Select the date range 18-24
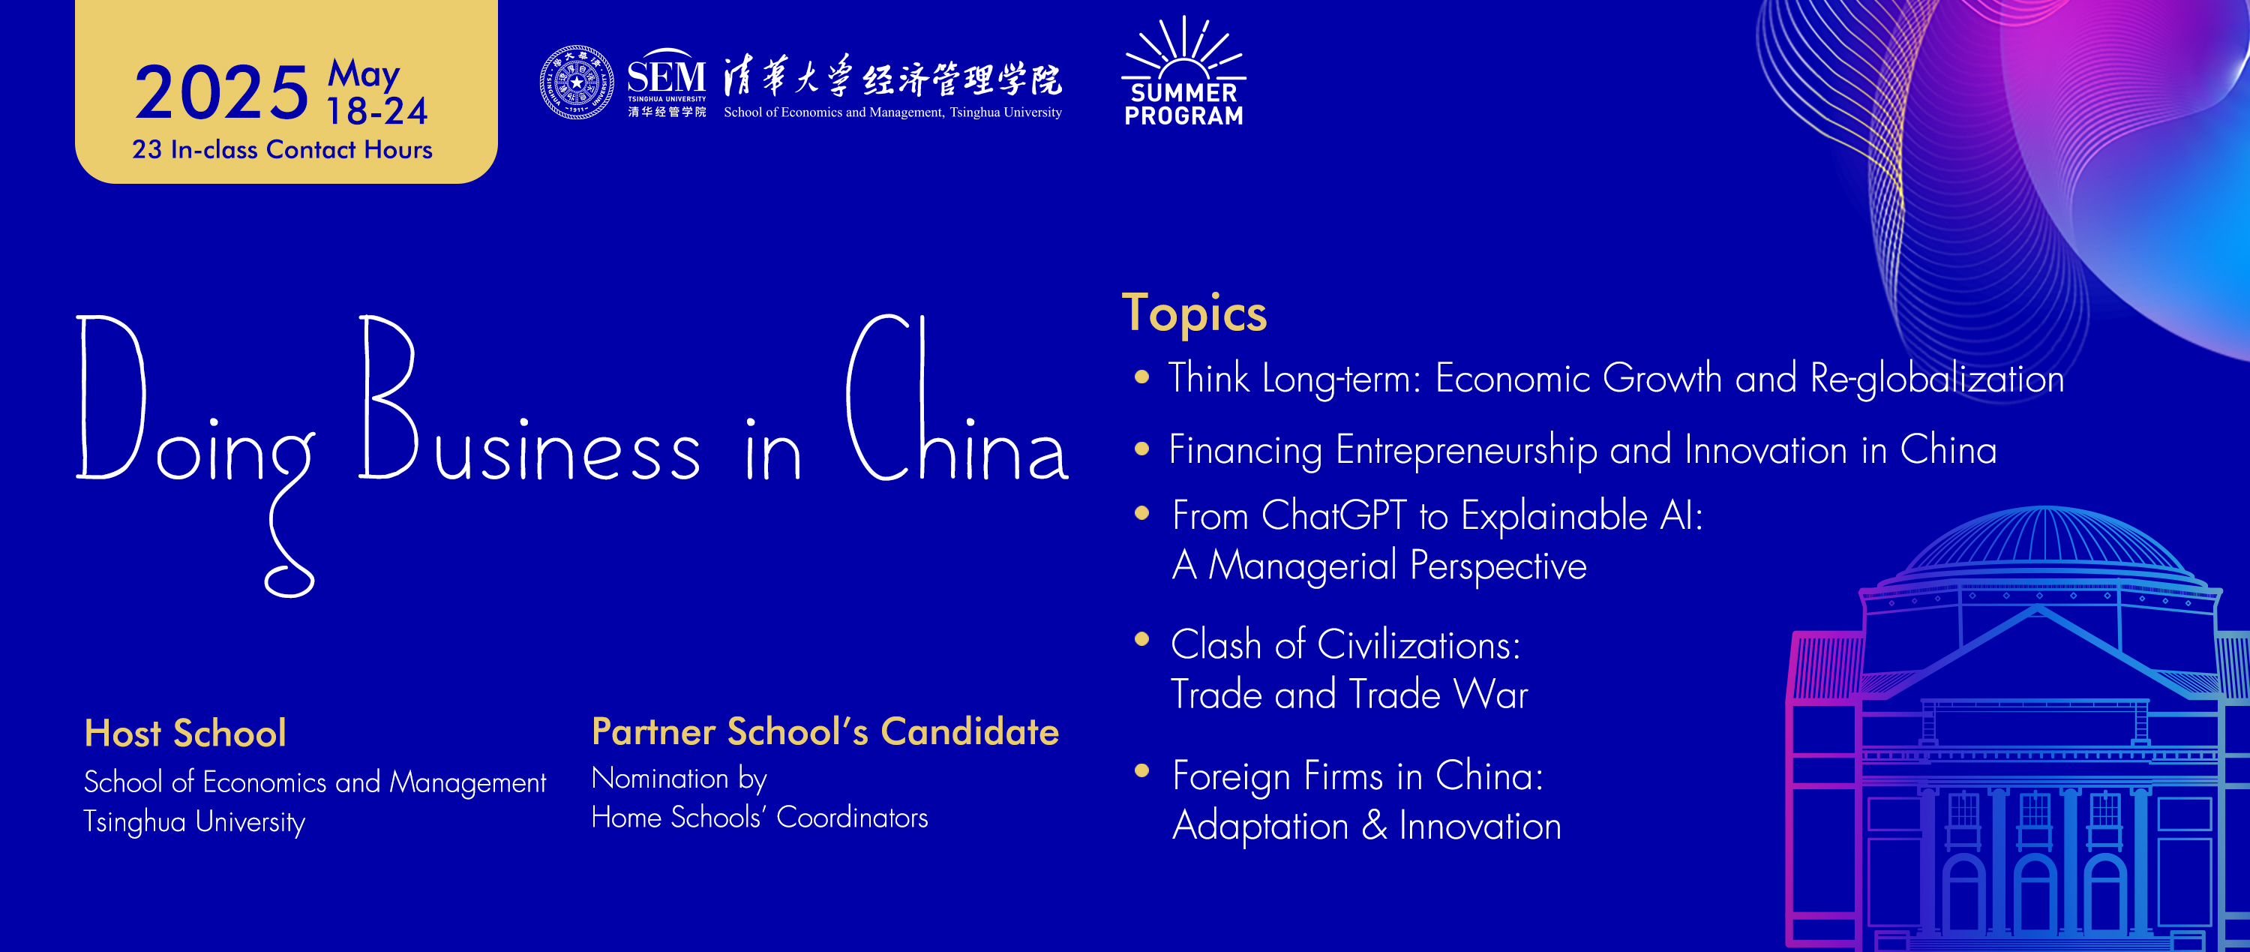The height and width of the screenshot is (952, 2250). pos(376,112)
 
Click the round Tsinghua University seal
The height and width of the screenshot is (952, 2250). pos(577,83)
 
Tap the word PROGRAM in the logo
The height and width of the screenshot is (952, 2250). pos(1184,116)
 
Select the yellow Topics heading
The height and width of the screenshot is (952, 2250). pos(1194,314)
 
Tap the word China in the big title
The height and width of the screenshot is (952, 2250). pos(957,398)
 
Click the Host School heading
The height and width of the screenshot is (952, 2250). pos(185,733)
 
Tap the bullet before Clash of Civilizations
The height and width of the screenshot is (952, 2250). pos(1141,638)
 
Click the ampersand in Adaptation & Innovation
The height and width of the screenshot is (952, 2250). pos(1374,825)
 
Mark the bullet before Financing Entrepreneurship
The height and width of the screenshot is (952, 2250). pos(1141,449)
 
